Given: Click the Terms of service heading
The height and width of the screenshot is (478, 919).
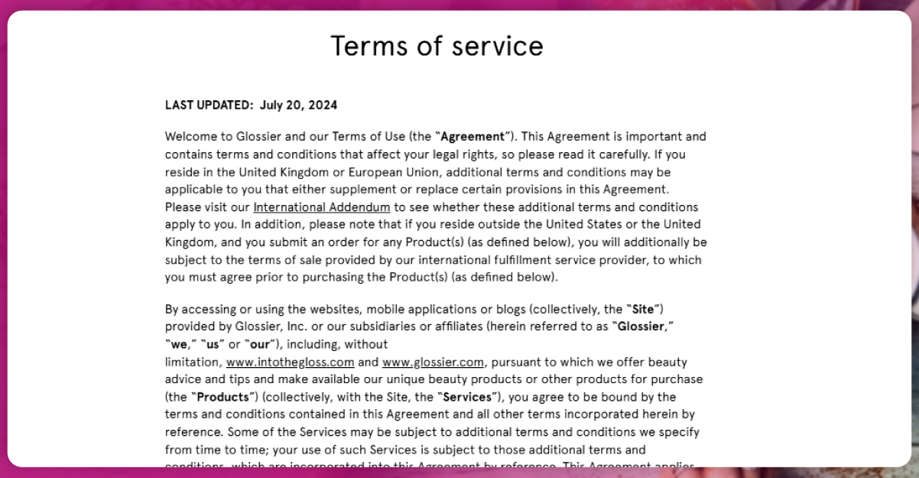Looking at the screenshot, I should click(437, 46).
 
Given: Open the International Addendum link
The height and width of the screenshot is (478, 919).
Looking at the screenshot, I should click(322, 207).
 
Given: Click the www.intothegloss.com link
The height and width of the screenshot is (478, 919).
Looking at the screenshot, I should click(290, 362).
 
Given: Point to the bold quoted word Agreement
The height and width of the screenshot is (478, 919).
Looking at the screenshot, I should click(472, 137).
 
